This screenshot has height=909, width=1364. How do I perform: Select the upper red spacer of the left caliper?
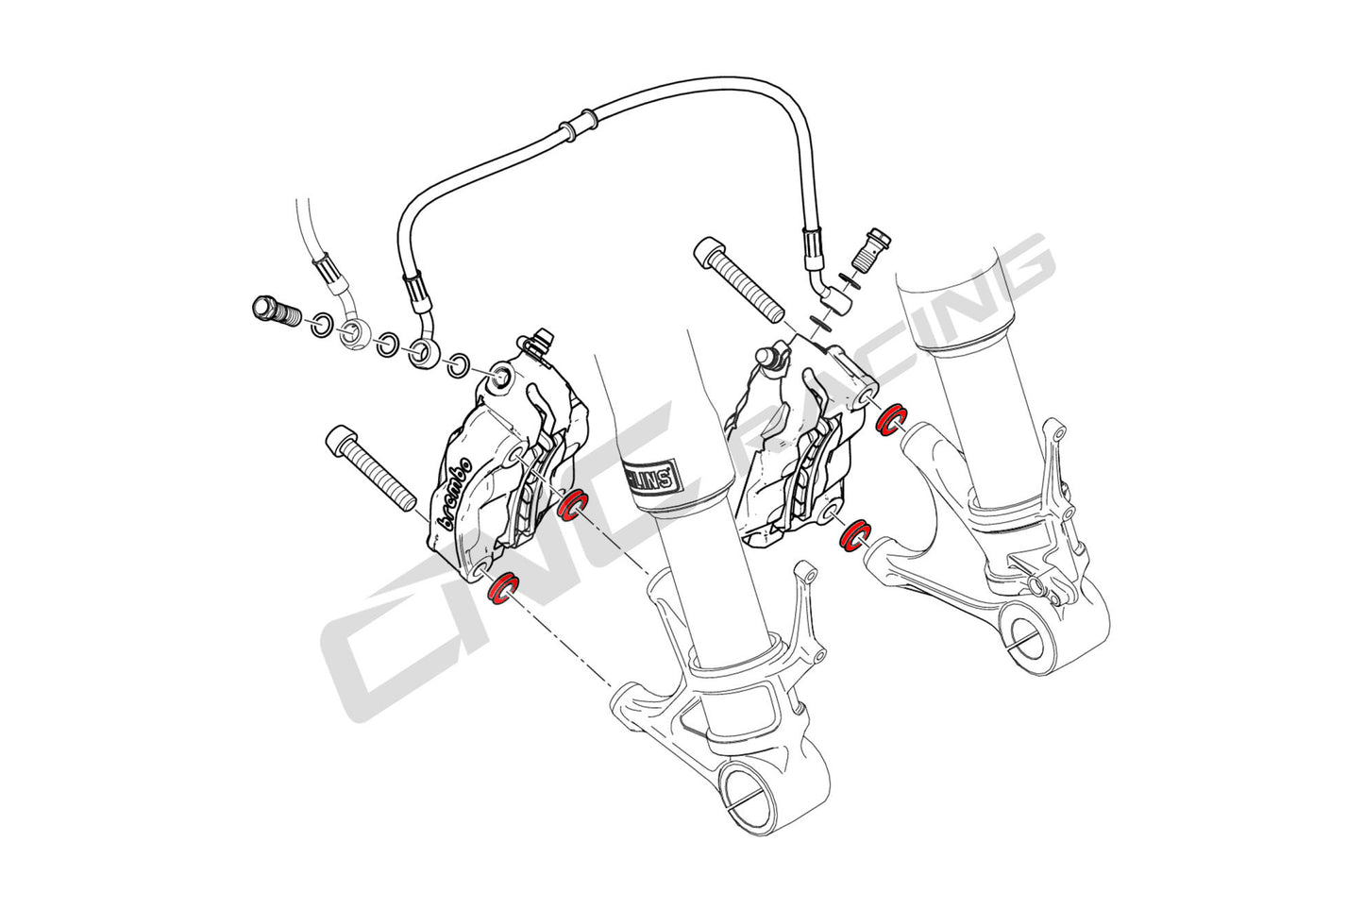click(570, 506)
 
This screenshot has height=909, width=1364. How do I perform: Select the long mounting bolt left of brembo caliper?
click(371, 465)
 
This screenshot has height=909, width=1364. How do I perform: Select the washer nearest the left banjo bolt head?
click(320, 325)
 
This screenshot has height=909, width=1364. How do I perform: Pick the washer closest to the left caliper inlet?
click(460, 364)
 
